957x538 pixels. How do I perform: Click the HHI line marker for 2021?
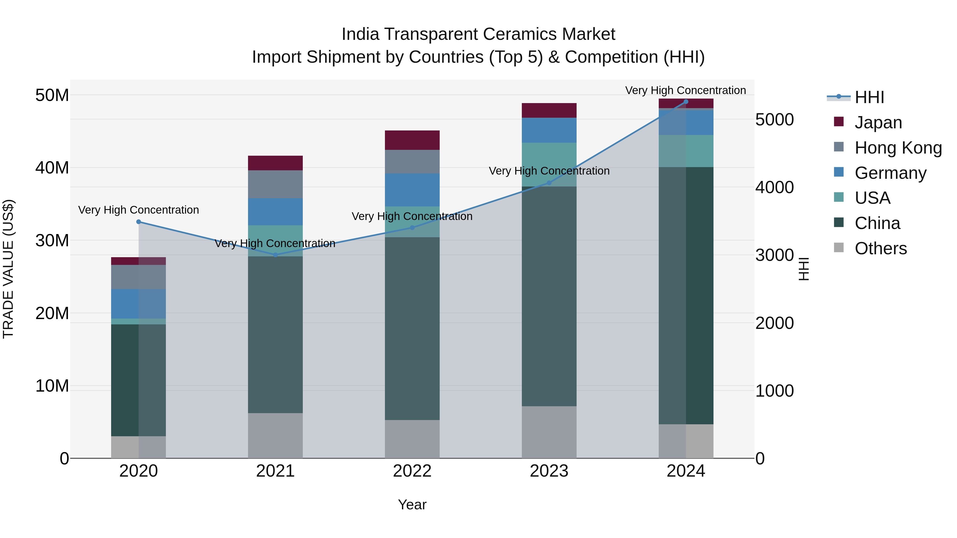[x=275, y=255]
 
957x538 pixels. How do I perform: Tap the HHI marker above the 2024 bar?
[x=686, y=102]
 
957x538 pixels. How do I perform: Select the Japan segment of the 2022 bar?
[x=412, y=140]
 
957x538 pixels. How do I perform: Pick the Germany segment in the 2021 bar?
[x=275, y=212]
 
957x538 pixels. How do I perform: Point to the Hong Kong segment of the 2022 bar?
[x=412, y=162]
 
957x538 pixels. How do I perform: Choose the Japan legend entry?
[x=878, y=122]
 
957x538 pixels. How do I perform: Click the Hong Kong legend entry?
[x=898, y=148]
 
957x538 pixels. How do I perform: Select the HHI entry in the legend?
[x=869, y=97]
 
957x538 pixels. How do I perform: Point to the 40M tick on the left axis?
[x=52, y=168]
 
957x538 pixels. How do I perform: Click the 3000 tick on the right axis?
[x=775, y=255]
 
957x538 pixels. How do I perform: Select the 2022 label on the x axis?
[x=412, y=471]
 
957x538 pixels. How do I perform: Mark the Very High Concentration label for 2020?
[x=138, y=210]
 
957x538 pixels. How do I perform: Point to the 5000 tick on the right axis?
[x=775, y=120]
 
